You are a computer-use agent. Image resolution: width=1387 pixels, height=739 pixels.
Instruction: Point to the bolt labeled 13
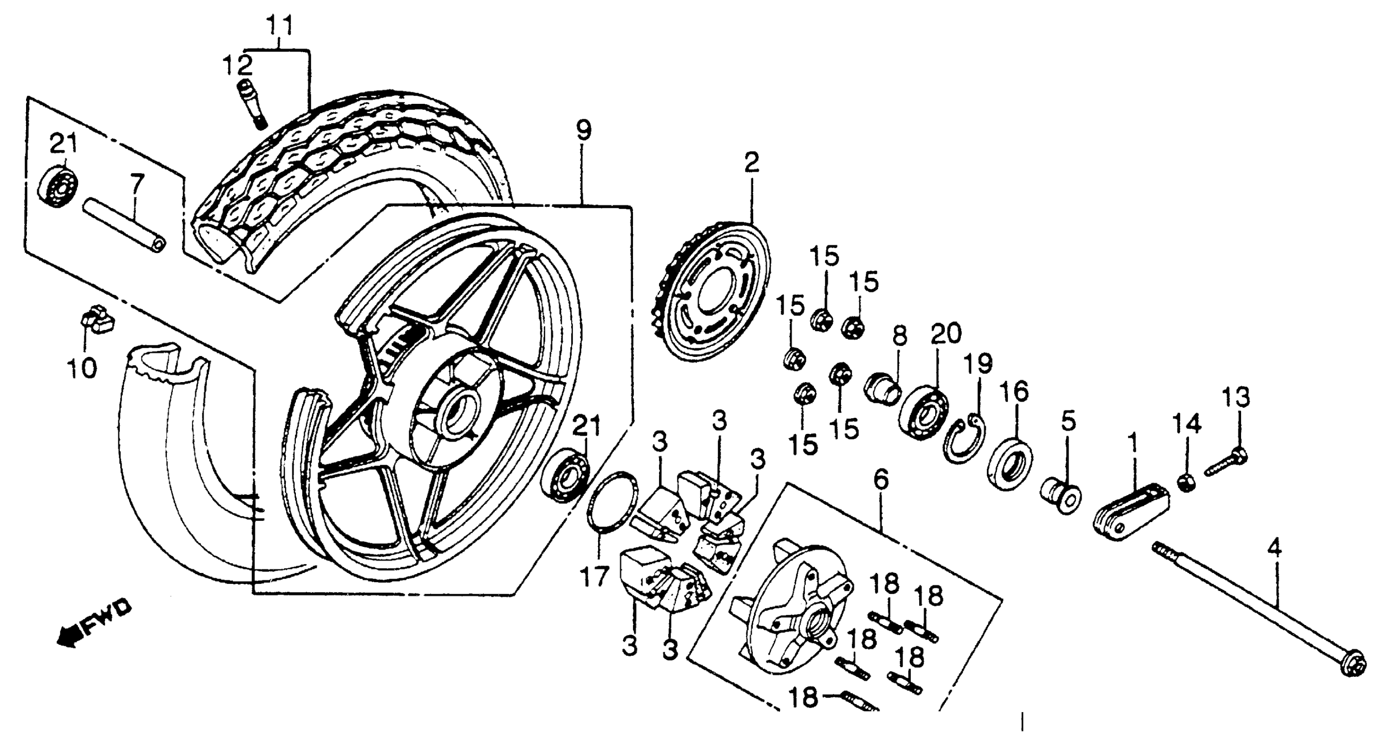pos(1225,463)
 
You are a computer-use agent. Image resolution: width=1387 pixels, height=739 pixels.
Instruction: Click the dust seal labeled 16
pos(1010,464)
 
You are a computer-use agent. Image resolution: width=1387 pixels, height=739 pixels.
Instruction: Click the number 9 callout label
pos(583,131)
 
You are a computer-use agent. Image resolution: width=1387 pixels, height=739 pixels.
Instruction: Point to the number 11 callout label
pos(281,26)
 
